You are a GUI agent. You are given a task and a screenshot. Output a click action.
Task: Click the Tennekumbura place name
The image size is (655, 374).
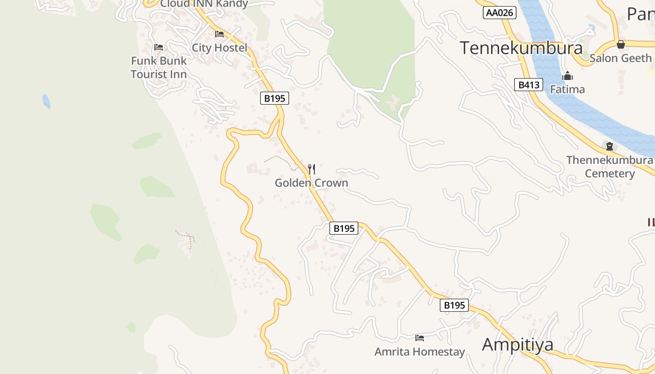(x=521, y=48)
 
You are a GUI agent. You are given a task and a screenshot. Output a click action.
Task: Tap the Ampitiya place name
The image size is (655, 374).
(x=517, y=345)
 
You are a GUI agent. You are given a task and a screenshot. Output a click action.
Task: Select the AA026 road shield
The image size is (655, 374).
(x=500, y=13)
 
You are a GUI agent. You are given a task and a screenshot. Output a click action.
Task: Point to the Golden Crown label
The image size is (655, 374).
(x=311, y=183)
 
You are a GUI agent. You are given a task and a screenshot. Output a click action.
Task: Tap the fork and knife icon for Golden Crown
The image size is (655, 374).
(x=312, y=169)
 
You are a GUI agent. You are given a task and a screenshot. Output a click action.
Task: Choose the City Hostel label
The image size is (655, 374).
(x=219, y=48)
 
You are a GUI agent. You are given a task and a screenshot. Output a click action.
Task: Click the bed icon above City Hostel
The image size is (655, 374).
(x=219, y=34)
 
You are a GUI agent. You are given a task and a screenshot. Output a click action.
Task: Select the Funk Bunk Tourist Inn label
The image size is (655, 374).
(x=159, y=67)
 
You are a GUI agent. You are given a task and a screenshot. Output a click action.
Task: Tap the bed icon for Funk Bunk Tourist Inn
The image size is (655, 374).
(x=159, y=47)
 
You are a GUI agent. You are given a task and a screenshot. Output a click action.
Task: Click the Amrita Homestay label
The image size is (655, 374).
(x=420, y=352)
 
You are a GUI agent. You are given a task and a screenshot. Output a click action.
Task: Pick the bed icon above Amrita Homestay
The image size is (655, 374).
(x=420, y=338)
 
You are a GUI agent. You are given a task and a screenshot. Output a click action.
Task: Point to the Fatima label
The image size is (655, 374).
(x=567, y=89)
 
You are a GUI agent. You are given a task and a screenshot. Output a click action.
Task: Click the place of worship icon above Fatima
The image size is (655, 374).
(x=568, y=76)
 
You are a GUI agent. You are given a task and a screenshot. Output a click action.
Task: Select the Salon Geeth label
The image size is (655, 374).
(x=620, y=58)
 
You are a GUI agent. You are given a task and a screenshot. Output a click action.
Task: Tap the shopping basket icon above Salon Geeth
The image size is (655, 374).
(x=621, y=44)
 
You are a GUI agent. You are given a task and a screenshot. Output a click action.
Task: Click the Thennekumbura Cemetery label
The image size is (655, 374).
(x=610, y=167)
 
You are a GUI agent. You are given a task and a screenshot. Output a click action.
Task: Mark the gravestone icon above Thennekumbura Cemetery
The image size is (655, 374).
(x=609, y=146)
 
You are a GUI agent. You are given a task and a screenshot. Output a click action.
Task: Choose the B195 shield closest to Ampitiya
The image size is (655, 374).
(x=454, y=305)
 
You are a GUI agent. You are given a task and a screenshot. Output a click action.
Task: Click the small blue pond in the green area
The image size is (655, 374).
(x=46, y=101)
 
